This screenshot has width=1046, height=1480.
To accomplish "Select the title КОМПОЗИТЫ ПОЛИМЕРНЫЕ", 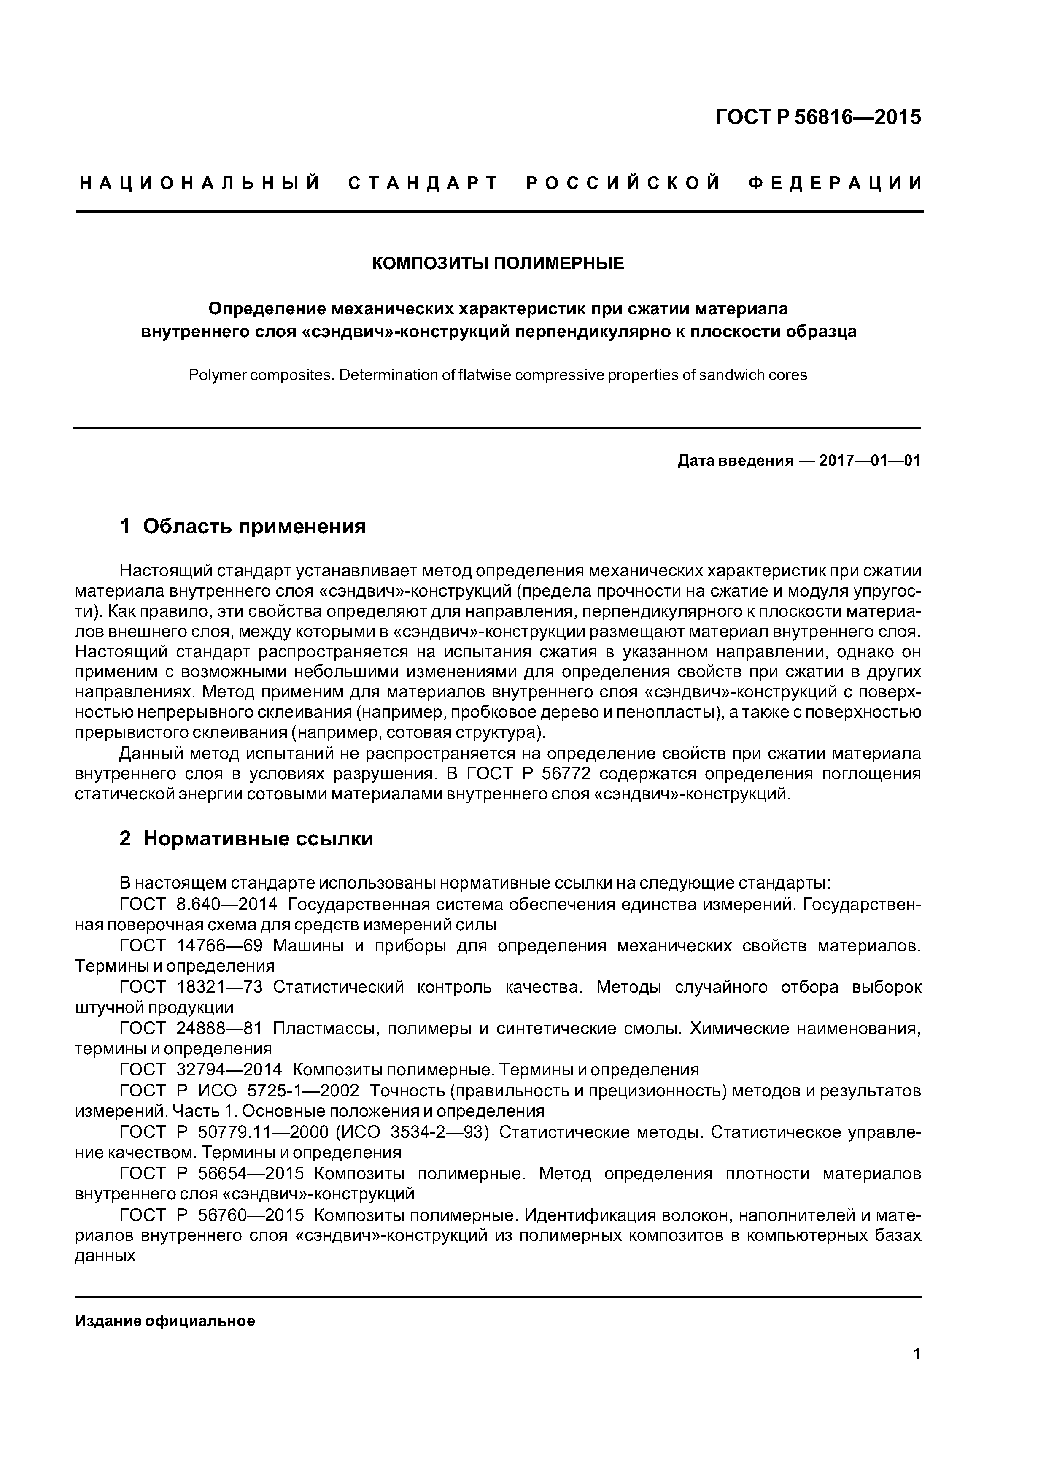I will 498,264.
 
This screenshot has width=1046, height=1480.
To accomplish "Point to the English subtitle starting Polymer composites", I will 498,375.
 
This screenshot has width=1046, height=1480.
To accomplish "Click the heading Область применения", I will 254,527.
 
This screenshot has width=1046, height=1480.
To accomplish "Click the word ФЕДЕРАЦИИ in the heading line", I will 836,184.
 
